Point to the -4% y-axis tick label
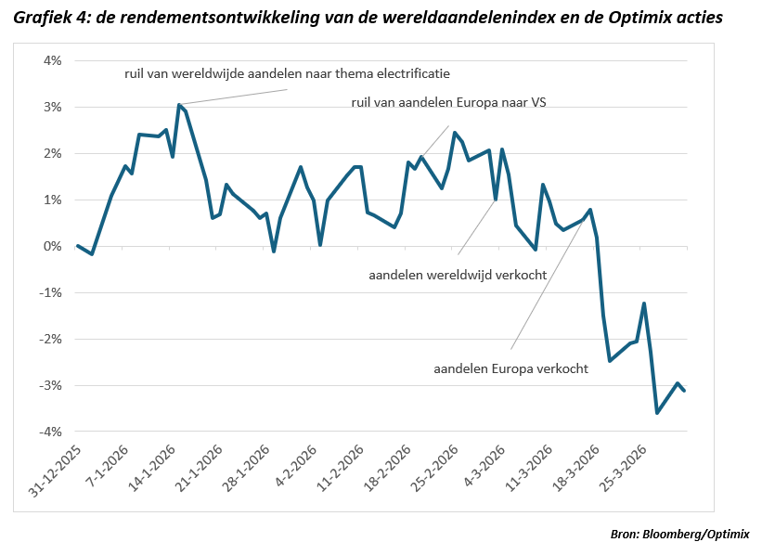[48, 432]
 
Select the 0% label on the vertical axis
[50, 246]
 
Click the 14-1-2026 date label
[152, 469]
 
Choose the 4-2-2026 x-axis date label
[297, 469]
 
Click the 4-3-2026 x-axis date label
[486, 469]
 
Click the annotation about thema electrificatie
[287, 72]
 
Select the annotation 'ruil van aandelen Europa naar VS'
[448, 102]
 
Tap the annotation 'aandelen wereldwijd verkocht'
[458, 275]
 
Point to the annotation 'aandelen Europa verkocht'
[510, 368]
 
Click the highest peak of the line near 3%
[178, 105]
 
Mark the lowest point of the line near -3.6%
[657, 413]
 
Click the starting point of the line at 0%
[77, 246]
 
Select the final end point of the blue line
[685, 391]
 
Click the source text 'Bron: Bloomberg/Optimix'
[679, 534]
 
